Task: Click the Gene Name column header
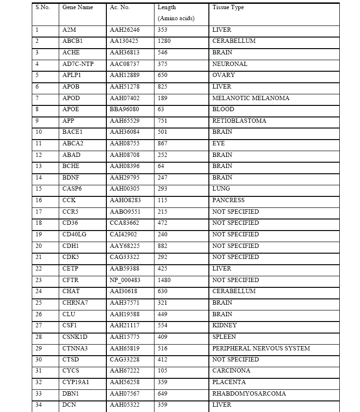click(x=77, y=8)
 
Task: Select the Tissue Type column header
click(x=228, y=8)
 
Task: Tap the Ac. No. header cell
click(x=120, y=8)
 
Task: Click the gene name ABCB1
click(x=72, y=41)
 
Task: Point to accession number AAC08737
click(x=124, y=64)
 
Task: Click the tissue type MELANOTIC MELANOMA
click(x=251, y=98)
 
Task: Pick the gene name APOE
click(x=71, y=109)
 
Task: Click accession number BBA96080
click(x=124, y=109)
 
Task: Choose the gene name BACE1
click(x=72, y=132)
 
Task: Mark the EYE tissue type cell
click(x=218, y=143)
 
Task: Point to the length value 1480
click(x=164, y=280)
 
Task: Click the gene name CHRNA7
click(x=75, y=303)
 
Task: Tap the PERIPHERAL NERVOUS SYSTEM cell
click(x=261, y=348)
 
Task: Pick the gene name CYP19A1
click(x=76, y=382)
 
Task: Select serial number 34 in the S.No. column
click(x=39, y=405)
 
